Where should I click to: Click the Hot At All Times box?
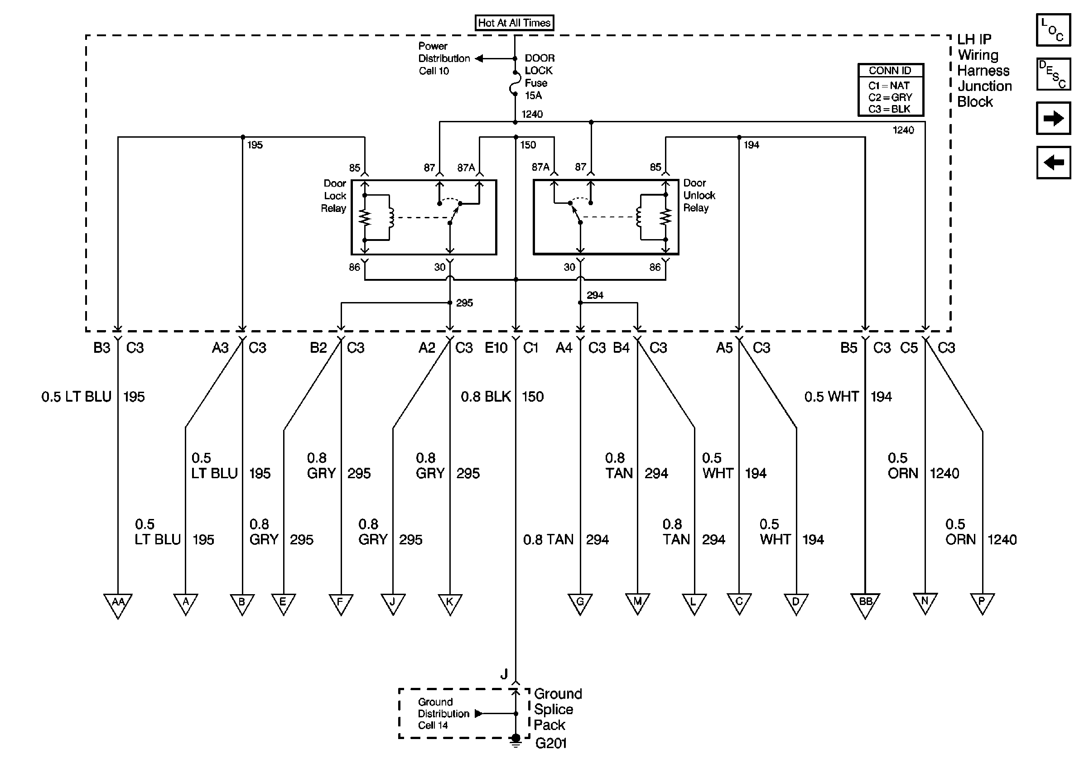(514, 23)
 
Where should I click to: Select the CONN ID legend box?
(890, 90)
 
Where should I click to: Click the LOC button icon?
(1053, 30)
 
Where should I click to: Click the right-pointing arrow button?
(1053, 118)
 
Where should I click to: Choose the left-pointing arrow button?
(1053, 163)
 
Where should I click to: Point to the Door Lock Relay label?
(334, 196)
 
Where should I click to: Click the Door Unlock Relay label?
(699, 196)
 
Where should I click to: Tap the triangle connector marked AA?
(118, 605)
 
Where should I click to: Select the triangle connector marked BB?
(865, 605)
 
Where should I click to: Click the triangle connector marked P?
(982, 603)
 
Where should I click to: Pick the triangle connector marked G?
(580, 603)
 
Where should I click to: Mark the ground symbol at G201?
(516, 740)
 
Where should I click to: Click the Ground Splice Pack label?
(558, 710)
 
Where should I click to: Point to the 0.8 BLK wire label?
(485, 397)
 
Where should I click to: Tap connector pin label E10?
(496, 348)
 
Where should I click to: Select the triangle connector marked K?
(450, 603)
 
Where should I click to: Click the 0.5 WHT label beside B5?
(831, 397)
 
